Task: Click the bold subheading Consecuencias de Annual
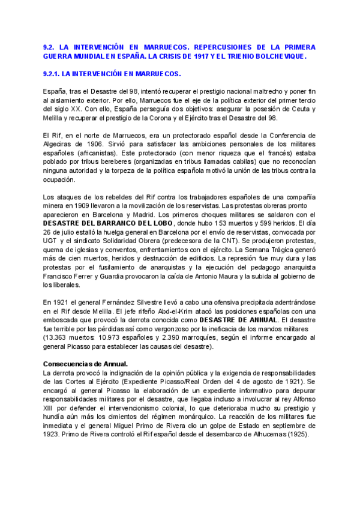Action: tap(85, 364)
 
